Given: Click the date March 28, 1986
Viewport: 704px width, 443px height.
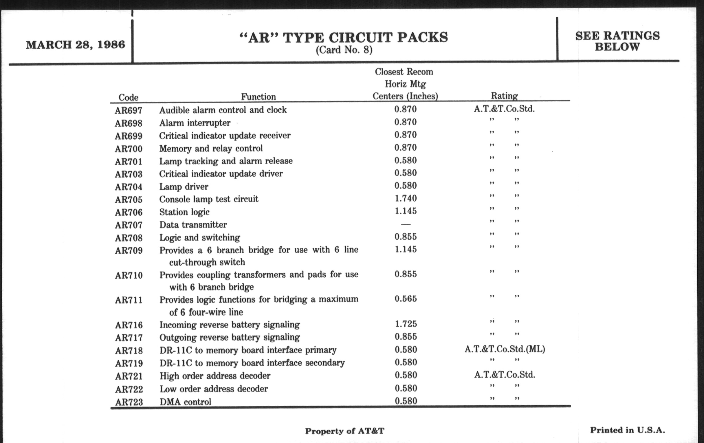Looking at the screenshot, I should point(76,45).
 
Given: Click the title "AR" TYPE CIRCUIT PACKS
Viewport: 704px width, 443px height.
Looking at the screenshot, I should point(344,37).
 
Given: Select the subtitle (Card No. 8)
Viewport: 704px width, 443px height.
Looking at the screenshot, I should point(344,50).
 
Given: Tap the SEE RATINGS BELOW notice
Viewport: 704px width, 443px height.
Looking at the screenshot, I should point(617,41).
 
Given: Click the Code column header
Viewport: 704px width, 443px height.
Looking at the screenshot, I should point(128,97).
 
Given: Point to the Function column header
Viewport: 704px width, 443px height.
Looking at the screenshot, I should point(258,97).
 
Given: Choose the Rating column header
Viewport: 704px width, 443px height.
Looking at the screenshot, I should point(504,96).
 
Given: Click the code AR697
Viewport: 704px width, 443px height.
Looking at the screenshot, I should point(128,111).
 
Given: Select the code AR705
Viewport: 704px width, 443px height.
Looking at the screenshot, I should point(128,200).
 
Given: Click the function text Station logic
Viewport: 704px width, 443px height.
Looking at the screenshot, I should point(184,212).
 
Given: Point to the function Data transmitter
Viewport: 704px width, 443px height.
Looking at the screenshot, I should point(193,225).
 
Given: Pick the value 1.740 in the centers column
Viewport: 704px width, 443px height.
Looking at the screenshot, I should point(406,199).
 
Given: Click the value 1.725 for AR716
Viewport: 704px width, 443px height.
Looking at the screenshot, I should point(406,324).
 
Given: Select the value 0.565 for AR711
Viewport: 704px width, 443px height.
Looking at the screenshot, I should point(406,299).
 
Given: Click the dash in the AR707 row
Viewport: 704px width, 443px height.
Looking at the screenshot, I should point(406,224).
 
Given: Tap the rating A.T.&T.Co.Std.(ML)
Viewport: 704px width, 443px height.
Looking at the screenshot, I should point(505,349).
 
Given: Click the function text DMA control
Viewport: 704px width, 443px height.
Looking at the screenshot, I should point(185,402).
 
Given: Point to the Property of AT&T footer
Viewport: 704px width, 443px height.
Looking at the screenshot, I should point(344,431).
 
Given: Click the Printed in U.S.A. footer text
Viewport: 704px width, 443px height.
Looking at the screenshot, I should point(627,430).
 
